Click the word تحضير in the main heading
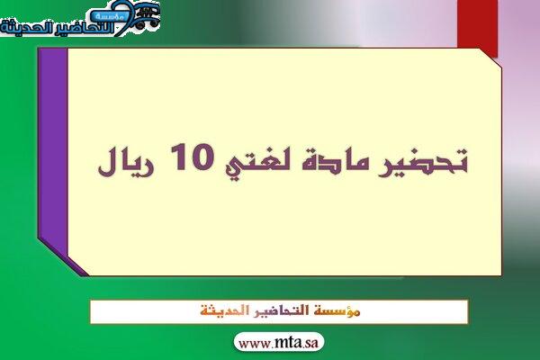(423, 161)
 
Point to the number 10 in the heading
(193, 157)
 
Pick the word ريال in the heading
(127, 161)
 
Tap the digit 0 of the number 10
(202, 157)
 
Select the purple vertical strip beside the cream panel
(53, 155)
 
